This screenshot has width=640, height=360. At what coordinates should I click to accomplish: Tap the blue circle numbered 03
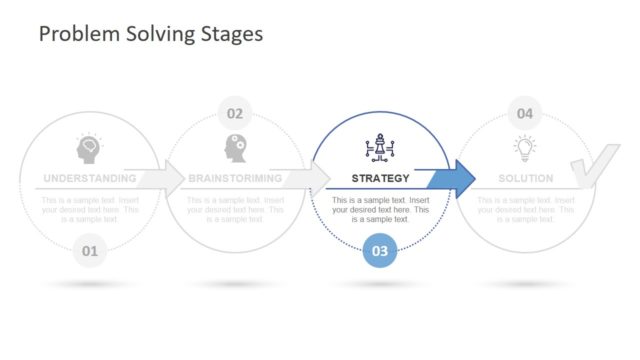[380, 251]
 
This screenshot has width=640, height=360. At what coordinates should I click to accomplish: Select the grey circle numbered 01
[89, 251]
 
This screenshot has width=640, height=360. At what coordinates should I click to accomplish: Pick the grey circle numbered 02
[234, 113]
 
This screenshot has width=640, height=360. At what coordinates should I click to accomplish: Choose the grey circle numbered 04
[525, 113]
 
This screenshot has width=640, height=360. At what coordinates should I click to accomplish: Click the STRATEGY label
[380, 179]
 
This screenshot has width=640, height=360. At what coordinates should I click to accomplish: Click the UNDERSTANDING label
[89, 179]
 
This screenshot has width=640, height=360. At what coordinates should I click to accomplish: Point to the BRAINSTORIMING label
[234, 179]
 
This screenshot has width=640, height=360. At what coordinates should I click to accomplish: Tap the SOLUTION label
[525, 179]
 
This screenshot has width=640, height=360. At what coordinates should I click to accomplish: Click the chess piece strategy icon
[380, 150]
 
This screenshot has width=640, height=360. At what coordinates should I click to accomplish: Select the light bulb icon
[525, 149]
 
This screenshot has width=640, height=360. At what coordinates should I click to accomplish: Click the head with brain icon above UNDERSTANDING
[89, 150]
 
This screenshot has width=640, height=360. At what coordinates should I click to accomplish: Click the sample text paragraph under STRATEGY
[380, 209]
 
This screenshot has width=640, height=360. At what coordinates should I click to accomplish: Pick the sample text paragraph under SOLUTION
[525, 209]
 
